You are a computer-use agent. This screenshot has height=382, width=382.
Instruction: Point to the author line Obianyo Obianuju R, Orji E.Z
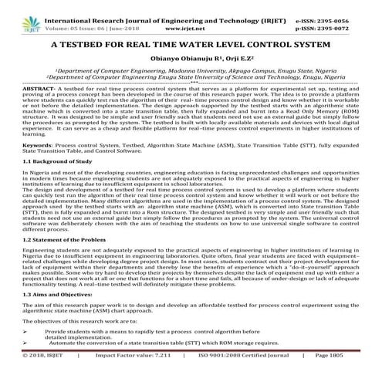click(x=190, y=63)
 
